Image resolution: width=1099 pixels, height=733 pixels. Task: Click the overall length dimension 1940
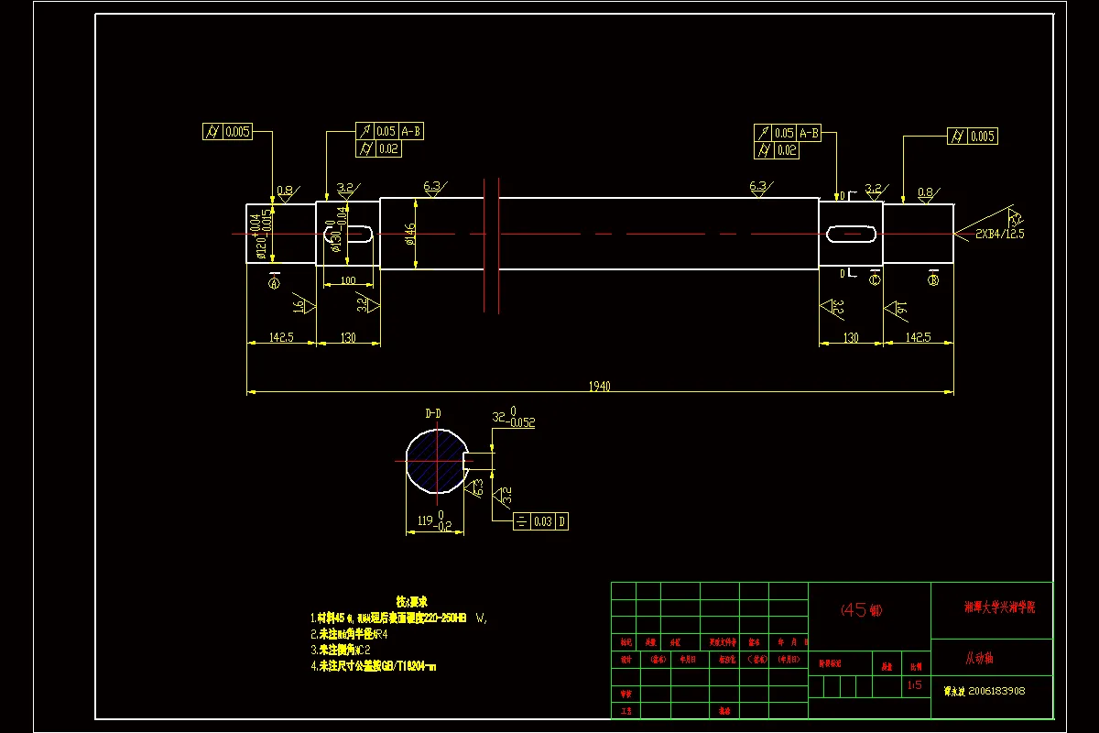pyautogui.click(x=599, y=386)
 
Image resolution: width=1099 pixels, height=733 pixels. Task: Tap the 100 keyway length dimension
pyautogui.click(x=347, y=279)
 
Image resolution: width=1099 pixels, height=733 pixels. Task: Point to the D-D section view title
pyautogui.click(x=433, y=413)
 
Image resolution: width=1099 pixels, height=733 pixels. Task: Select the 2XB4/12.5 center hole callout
pyautogui.click(x=999, y=234)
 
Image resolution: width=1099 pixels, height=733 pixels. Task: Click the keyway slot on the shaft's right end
pyautogui.click(x=850, y=234)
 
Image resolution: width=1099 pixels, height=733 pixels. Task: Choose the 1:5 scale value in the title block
pyautogui.click(x=914, y=684)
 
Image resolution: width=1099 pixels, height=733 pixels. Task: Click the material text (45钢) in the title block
pyautogui.click(x=861, y=609)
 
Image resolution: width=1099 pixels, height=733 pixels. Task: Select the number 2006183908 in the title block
pyautogui.click(x=996, y=691)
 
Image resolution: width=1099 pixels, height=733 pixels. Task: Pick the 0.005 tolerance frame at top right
pyautogui.click(x=972, y=137)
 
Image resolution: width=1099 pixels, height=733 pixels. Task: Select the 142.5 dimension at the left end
pyautogui.click(x=280, y=337)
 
